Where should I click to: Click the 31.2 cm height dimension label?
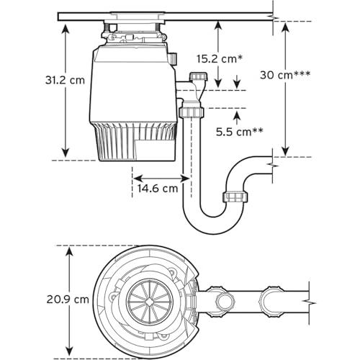click(65, 80)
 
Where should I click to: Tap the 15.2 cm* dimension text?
click(220, 58)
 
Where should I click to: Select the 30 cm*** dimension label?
click(285, 75)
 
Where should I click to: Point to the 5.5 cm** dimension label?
click(239, 132)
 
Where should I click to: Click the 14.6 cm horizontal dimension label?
click(158, 188)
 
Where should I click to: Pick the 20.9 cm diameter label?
click(68, 300)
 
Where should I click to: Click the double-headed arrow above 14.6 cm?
click(161, 179)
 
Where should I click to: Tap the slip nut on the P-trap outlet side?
click(235, 197)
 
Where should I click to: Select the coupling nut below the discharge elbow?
click(192, 112)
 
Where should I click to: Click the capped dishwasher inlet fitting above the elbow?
click(199, 76)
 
